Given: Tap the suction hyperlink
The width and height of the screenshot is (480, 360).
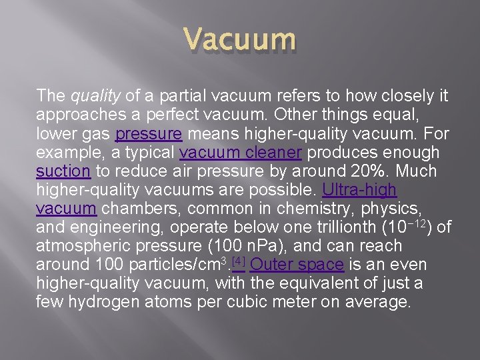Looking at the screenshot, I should (63, 171).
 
